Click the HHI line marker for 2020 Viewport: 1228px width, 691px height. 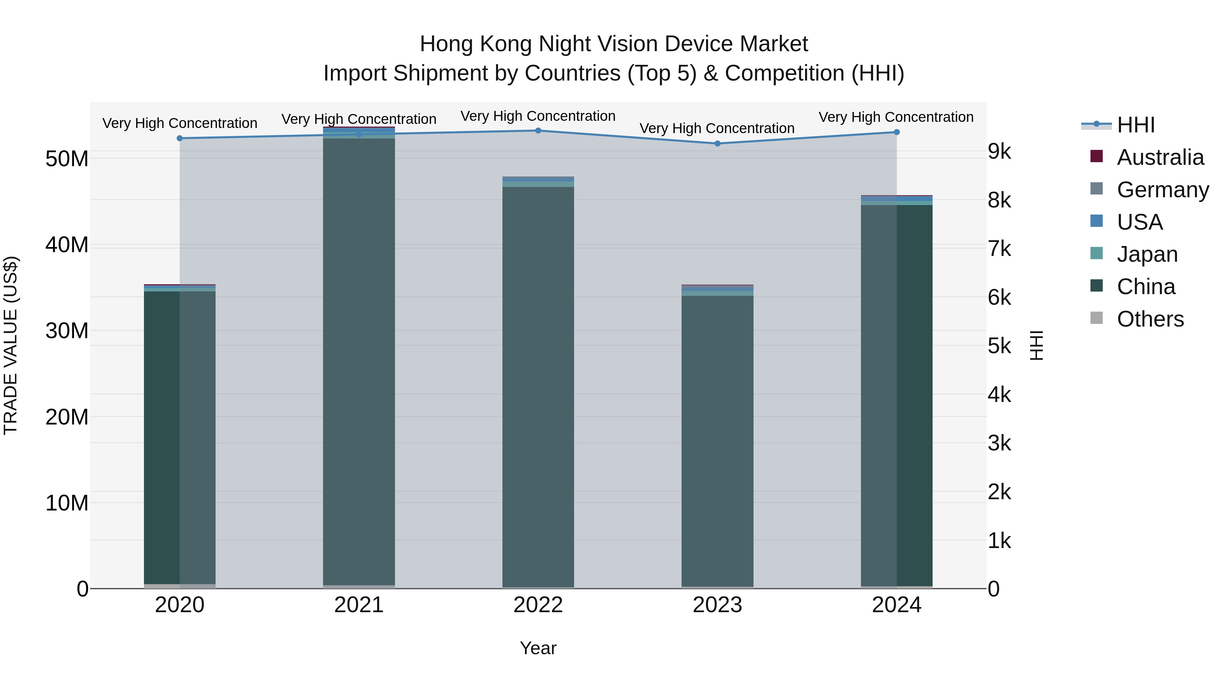tap(180, 138)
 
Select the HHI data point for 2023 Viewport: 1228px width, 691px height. tap(717, 144)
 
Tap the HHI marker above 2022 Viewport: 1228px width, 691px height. tap(538, 131)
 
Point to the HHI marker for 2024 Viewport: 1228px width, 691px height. tap(897, 132)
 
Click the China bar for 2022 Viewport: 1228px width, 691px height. tap(538, 386)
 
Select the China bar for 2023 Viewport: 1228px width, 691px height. tap(717, 439)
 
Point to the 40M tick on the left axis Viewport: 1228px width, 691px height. tap(67, 245)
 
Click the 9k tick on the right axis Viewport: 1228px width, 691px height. tap(1000, 152)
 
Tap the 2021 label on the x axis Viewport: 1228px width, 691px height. tap(359, 605)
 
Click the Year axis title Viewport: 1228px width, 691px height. tap(538, 648)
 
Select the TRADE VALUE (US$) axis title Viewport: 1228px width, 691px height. tap(11, 345)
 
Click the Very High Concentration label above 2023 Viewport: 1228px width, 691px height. tap(717, 128)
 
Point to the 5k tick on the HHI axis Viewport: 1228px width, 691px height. tap(1000, 346)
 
